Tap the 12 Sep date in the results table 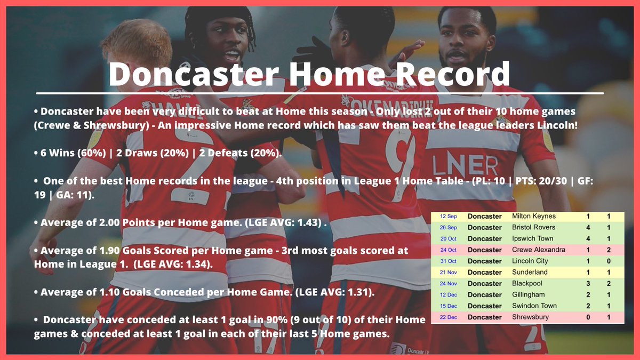[x=448, y=217]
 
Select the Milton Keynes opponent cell [x=533, y=217]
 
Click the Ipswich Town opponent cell [x=532, y=238]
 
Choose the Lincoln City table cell [x=530, y=261]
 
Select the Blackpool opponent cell [x=526, y=283]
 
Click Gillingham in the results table [x=528, y=294]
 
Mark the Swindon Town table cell [x=534, y=306]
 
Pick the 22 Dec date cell [x=448, y=317]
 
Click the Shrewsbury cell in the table [x=530, y=317]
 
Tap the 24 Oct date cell [x=448, y=250]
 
